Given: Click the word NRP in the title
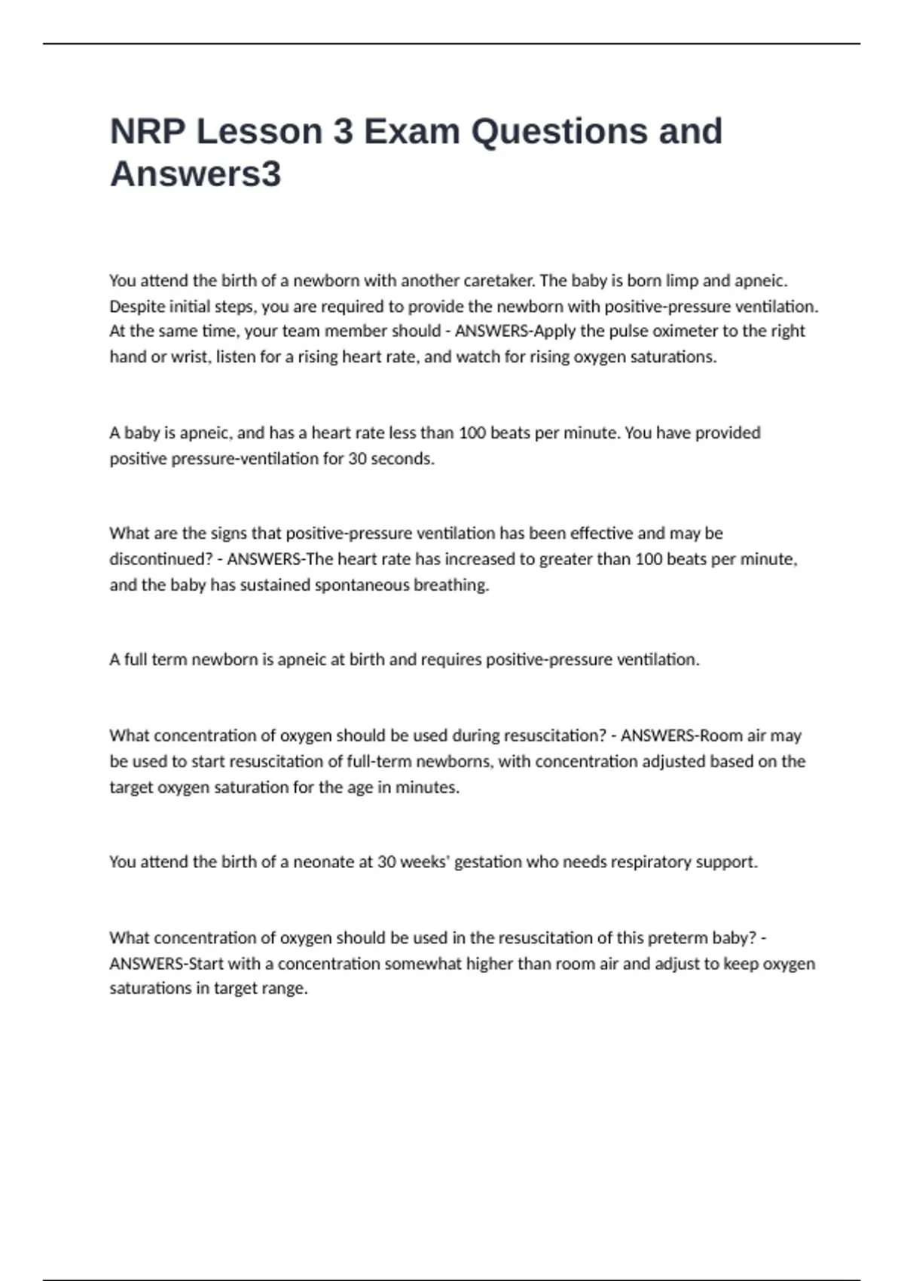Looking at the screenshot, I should [148, 132].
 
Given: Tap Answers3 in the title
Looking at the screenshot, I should [196, 174].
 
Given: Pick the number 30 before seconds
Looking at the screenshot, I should [357, 459].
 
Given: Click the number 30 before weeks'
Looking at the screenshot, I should [386, 862].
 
